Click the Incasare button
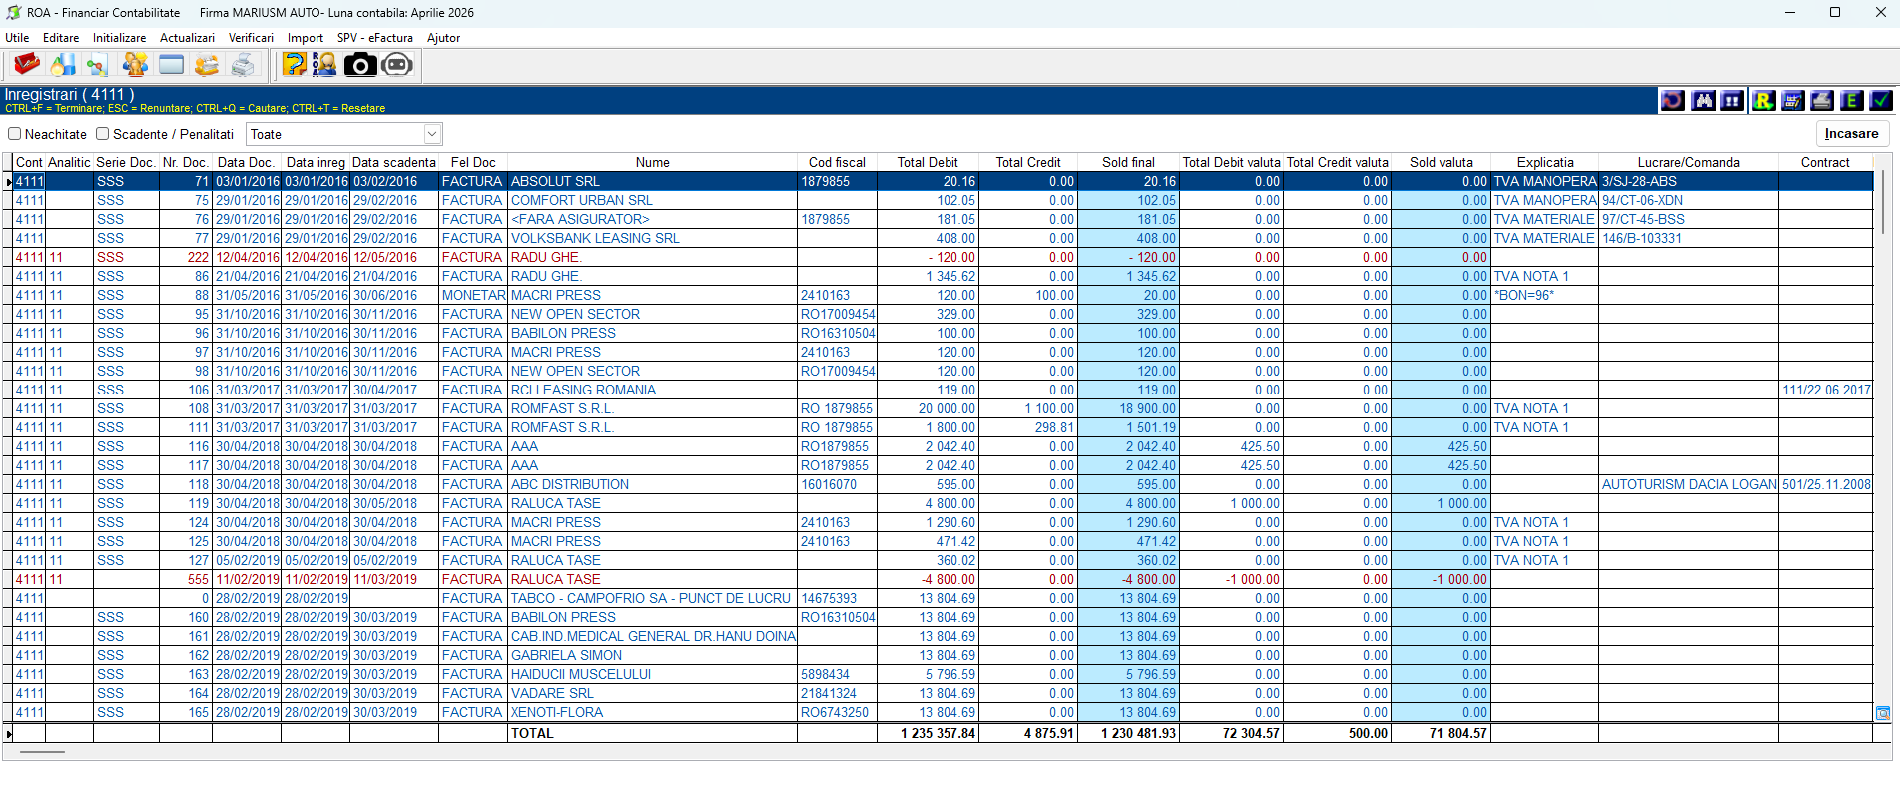1851,134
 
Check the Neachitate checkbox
15,134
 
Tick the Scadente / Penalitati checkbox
103,134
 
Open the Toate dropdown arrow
432,134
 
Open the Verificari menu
251,38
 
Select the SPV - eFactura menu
374,38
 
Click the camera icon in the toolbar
360,65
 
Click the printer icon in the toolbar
243,65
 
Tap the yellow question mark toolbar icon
295,65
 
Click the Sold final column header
1128,162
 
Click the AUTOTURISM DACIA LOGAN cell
1688,484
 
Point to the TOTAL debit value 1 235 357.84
938,733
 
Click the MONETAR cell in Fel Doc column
473,295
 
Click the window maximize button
1835,12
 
